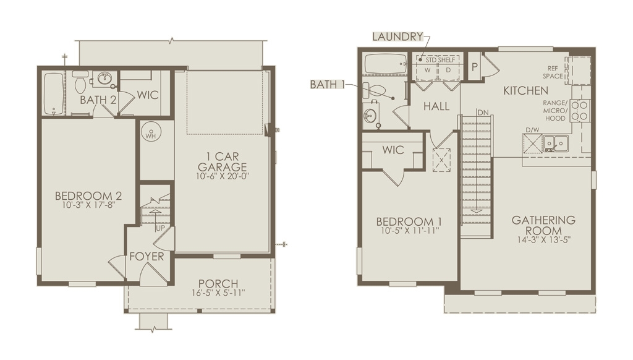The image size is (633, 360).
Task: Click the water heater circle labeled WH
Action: (151, 132)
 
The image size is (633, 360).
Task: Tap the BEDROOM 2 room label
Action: (88, 196)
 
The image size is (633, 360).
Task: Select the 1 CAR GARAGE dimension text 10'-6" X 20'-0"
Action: (223, 176)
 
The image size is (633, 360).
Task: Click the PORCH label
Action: (218, 284)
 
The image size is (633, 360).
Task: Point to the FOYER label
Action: (147, 257)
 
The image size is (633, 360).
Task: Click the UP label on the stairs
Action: (160, 228)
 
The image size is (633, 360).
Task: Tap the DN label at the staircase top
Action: (483, 113)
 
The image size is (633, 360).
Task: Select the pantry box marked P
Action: (474, 67)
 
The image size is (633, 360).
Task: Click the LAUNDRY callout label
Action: (397, 36)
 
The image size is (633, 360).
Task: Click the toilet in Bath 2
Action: (79, 82)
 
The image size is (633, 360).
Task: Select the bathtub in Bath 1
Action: (386, 64)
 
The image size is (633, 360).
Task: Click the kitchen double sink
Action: (555, 143)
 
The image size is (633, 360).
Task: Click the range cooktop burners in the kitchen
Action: (580, 111)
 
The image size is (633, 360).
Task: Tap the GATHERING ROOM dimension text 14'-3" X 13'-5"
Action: (543, 239)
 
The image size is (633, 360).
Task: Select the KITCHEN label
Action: (525, 90)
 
